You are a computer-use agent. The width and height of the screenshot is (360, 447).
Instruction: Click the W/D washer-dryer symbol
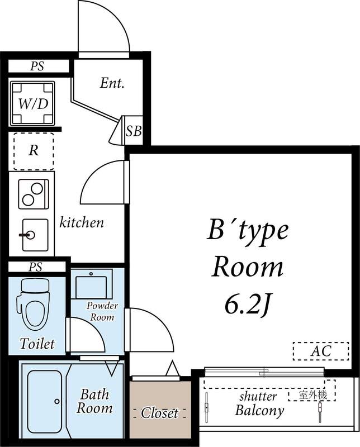pyautogui.click(x=32, y=103)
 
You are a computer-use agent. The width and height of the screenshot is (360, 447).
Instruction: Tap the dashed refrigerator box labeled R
pyautogui.click(x=34, y=151)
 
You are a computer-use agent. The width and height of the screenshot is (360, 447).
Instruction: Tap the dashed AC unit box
pyautogui.click(x=320, y=351)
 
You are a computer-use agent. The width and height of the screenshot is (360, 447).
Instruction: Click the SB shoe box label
pyautogui.click(x=134, y=132)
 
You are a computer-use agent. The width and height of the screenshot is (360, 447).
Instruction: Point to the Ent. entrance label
pyautogui.click(x=112, y=84)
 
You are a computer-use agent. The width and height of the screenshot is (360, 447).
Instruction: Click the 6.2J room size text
pyautogui.click(x=248, y=305)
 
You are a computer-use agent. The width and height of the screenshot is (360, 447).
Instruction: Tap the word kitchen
pyautogui.click(x=82, y=222)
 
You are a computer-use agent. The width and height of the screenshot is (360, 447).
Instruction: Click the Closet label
pyautogui.click(x=159, y=413)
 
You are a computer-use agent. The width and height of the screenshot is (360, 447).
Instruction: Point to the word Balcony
pyautogui.click(x=259, y=411)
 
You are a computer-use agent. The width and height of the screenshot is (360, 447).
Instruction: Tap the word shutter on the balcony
pyautogui.click(x=258, y=397)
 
